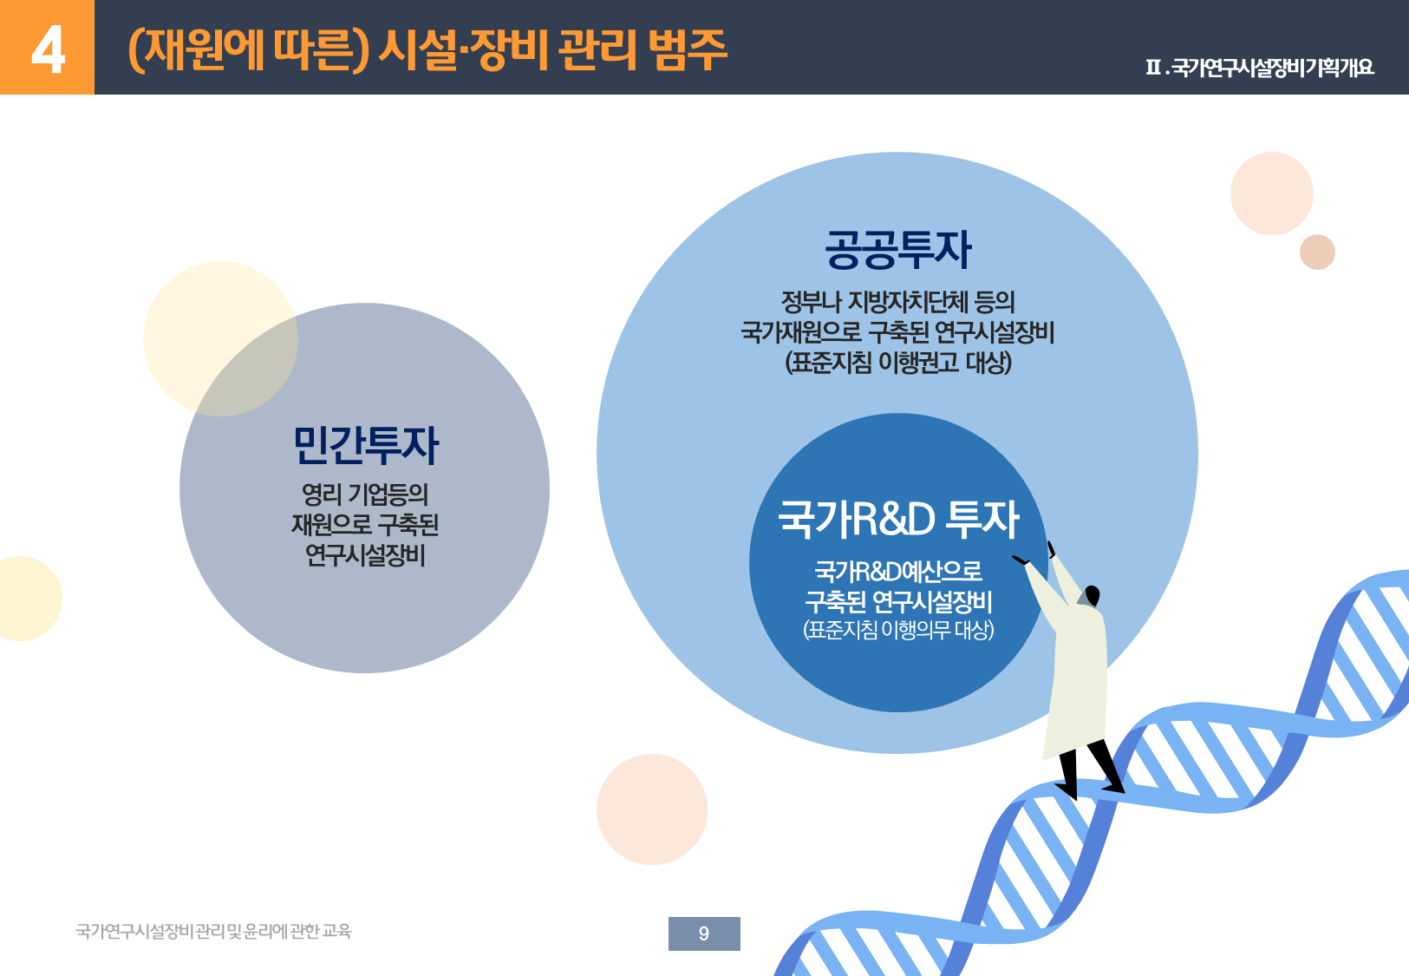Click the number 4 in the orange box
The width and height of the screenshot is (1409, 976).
(x=48, y=49)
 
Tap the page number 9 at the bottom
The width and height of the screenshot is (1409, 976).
(x=704, y=933)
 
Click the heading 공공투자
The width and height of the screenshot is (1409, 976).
(x=897, y=250)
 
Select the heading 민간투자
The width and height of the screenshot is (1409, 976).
(x=365, y=446)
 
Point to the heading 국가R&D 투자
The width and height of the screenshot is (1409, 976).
(x=898, y=519)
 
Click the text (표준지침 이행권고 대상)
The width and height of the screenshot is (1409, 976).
(x=898, y=363)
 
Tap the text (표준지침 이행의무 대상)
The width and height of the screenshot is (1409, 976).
(x=898, y=629)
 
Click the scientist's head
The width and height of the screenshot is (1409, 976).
(x=1092, y=595)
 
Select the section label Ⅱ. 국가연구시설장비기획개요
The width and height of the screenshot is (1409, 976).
(x=1259, y=67)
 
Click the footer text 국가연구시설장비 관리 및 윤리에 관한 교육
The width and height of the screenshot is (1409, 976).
(x=213, y=932)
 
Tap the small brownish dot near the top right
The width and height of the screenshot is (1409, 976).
(x=1317, y=252)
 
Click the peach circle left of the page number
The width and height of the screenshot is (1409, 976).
(x=652, y=809)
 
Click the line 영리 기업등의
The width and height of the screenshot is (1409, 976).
(x=365, y=494)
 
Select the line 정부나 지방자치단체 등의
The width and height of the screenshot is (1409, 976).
(x=897, y=302)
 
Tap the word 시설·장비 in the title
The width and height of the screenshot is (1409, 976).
(x=463, y=49)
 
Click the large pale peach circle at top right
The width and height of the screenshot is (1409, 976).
(x=1272, y=193)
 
